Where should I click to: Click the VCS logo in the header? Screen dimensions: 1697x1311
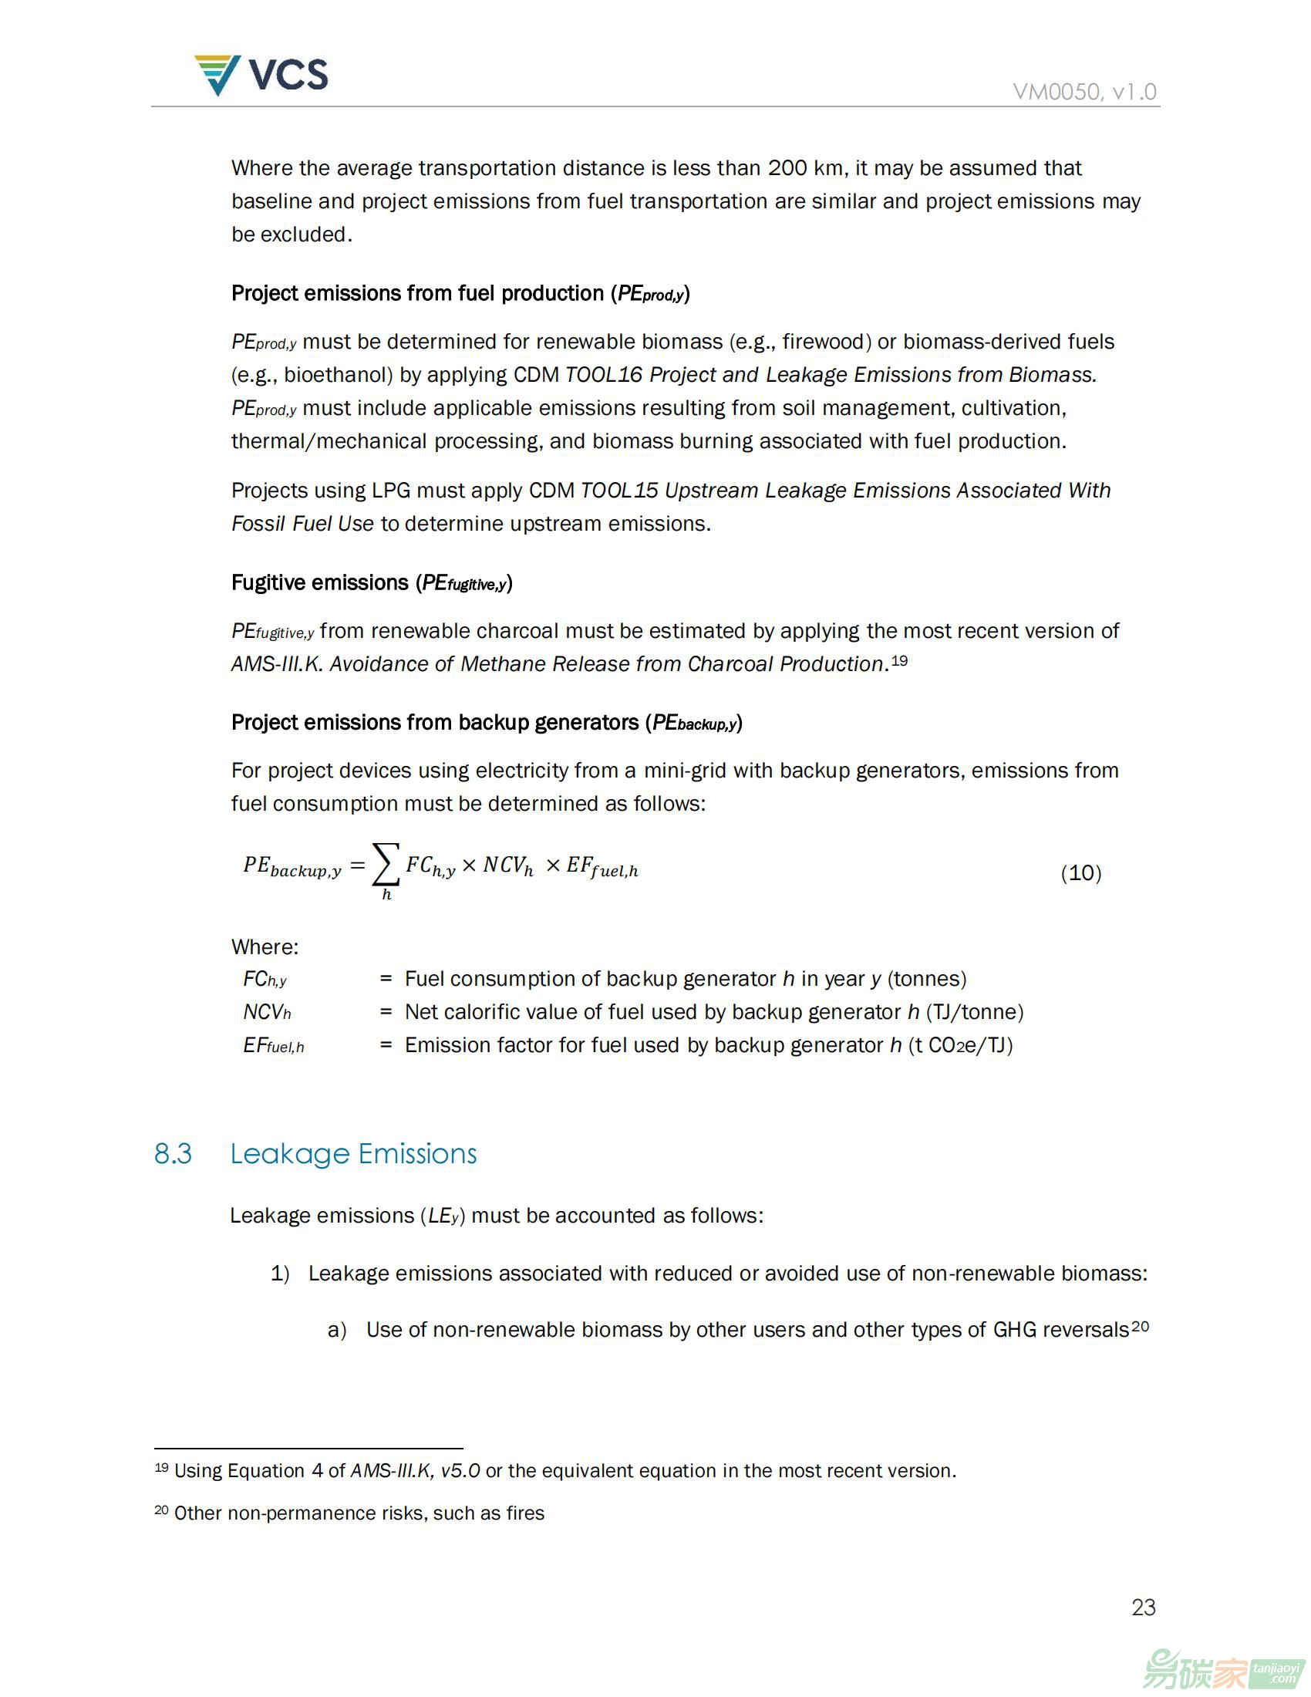tap(261, 76)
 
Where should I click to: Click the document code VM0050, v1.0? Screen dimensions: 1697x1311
tap(1084, 92)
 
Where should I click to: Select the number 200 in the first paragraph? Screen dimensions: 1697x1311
tap(787, 168)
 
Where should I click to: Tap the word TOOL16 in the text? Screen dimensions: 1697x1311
tap(604, 375)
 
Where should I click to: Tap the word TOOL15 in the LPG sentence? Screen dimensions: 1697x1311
tap(619, 491)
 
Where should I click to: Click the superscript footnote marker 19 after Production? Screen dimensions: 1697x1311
tap(899, 660)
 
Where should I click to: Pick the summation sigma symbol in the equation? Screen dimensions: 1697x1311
tap(386, 864)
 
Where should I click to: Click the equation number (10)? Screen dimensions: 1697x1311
tap(1080, 872)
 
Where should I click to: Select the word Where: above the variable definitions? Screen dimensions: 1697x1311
tap(265, 946)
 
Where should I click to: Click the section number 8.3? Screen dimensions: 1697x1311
tap(173, 1154)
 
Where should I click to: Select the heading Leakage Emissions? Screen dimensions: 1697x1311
tap(353, 1154)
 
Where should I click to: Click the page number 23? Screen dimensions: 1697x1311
tap(1143, 1607)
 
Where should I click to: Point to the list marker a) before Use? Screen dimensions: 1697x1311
tap(336, 1331)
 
